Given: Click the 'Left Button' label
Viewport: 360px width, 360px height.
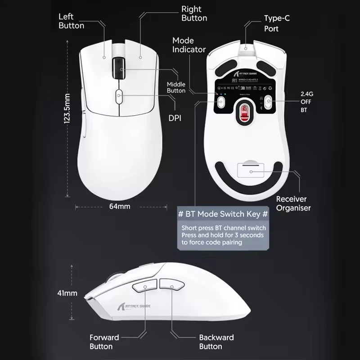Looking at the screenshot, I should point(71,21).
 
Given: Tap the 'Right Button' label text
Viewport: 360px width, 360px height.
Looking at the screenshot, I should point(194,13).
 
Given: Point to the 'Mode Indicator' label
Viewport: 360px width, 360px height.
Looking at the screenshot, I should point(189,45).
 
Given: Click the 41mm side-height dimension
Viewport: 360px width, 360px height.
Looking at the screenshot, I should point(67,293).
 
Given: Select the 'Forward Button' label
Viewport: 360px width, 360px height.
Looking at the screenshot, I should point(104,342).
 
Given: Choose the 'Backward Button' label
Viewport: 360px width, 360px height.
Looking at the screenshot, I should point(216,342).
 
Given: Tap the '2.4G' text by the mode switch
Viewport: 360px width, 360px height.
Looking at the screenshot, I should point(306,94).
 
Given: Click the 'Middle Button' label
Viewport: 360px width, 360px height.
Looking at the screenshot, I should point(176,87).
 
